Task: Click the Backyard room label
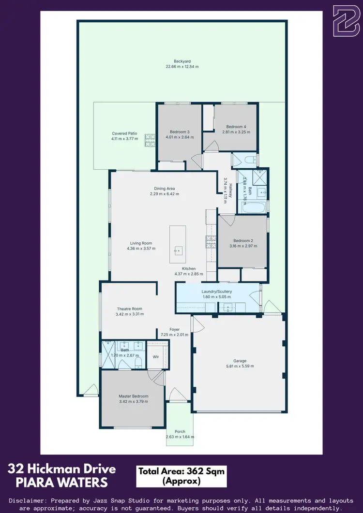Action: click(182, 61)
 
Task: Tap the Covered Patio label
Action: click(124, 133)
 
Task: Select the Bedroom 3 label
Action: click(179, 132)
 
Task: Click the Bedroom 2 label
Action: click(243, 240)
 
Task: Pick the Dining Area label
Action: click(164, 189)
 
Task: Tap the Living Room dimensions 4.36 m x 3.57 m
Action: click(141, 249)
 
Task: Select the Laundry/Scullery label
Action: click(216, 292)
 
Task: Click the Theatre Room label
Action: click(129, 308)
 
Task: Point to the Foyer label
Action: click(174, 329)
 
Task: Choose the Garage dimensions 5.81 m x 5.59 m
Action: click(240, 366)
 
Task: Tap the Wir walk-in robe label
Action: click(156, 357)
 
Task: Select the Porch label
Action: click(180, 431)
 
